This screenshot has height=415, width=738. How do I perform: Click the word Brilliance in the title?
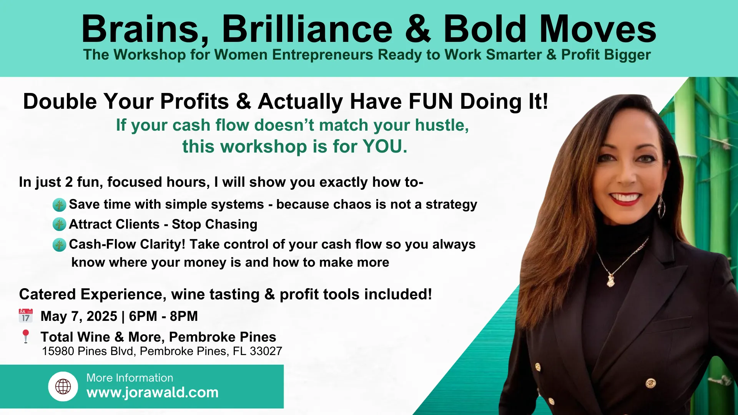point(307,29)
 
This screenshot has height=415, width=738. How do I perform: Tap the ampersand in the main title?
point(418,29)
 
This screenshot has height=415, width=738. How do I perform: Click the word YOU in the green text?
point(382,147)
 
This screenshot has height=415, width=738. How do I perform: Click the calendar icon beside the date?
point(26,315)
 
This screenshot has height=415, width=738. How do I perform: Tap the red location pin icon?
point(26,336)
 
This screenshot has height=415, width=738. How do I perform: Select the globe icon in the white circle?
point(63,387)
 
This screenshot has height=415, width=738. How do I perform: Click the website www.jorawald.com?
point(153,392)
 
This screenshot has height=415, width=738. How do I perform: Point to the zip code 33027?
point(266,351)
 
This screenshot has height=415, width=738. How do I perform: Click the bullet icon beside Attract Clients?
point(59,224)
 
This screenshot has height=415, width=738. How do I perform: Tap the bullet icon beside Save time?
point(59,204)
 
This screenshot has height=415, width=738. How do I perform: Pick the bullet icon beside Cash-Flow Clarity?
point(59,244)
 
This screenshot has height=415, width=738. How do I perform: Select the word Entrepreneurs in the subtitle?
point(322,55)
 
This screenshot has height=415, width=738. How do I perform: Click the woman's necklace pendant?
point(610,280)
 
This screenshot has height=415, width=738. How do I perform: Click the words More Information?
point(130,378)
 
